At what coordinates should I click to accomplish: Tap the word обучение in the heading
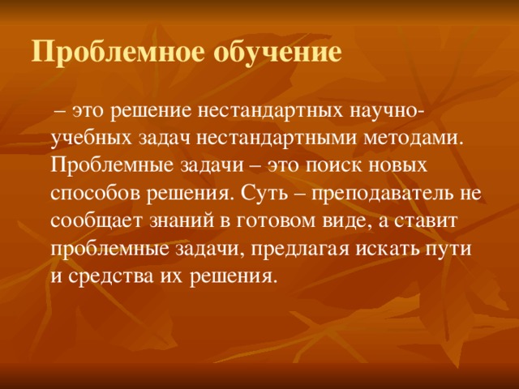pyautogui.click(x=277, y=53)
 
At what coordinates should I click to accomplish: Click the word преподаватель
pyautogui.click(x=386, y=194)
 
